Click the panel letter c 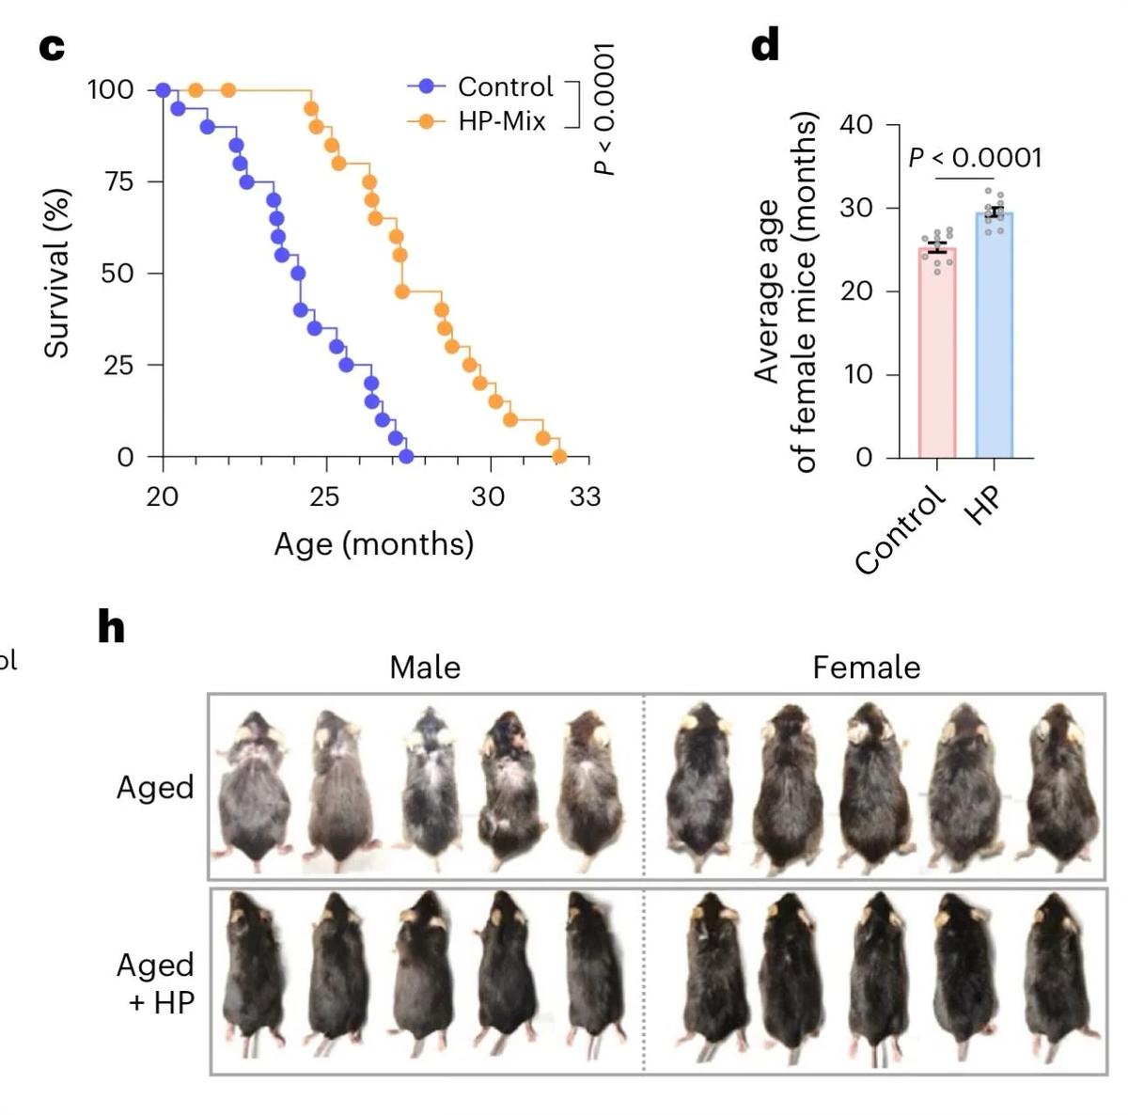click(52, 47)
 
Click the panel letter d click(766, 44)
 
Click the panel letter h click(111, 627)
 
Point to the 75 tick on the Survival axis click(119, 181)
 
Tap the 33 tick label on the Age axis click(585, 496)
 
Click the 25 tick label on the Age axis click(324, 496)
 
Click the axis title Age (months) click(373, 544)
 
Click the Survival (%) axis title click(57, 274)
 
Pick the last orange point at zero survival click(559, 457)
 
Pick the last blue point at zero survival click(406, 457)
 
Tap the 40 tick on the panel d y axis click(855, 125)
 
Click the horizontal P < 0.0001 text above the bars click(975, 158)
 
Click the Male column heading click(425, 667)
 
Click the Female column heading click(866, 667)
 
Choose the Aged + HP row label click(155, 983)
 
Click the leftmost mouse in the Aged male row click(252, 788)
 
